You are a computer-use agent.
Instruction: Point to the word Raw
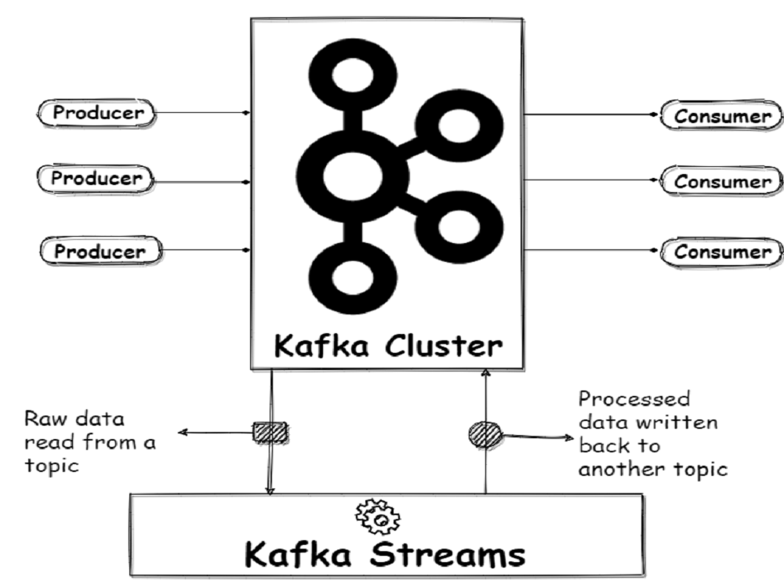[x=43, y=419]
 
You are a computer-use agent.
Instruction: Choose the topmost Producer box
[x=98, y=113]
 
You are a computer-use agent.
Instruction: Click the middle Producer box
[x=98, y=179]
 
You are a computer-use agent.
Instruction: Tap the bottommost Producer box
[x=99, y=252]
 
